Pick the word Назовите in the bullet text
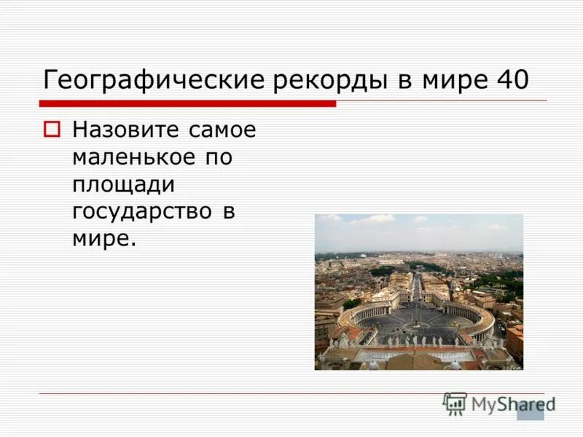click(x=125, y=130)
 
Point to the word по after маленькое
click(x=216, y=157)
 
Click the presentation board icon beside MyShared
click(x=455, y=403)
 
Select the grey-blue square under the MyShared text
click(x=530, y=412)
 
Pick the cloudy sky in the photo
click(x=418, y=231)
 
